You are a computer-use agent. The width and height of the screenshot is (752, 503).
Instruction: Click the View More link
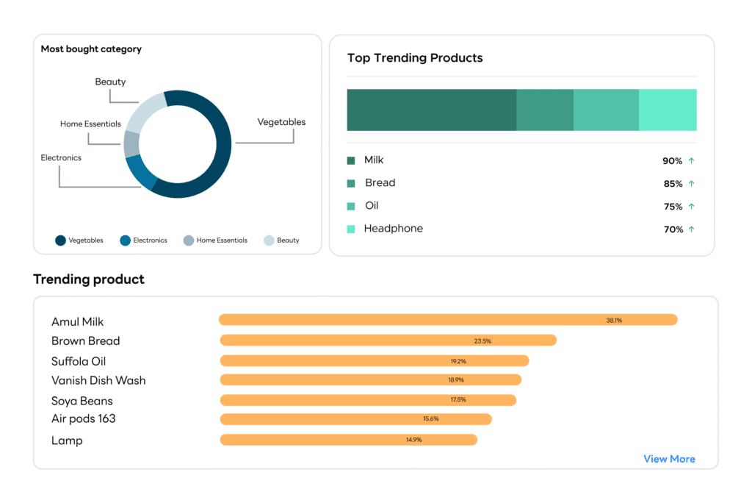pyautogui.click(x=669, y=459)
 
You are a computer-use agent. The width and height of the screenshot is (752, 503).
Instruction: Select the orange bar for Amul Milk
pyautogui.click(x=448, y=320)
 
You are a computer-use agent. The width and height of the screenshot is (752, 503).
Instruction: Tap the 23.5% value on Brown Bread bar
pyautogui.click(x=482, y=340)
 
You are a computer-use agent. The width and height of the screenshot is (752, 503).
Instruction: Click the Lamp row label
pyautogui.click(x=67, y=440)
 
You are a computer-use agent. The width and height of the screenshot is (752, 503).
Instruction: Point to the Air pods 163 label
pyautogui.click(x=83, y=418)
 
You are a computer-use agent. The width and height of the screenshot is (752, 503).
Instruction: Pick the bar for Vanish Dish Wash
pyautogui.click(x=371, y=380)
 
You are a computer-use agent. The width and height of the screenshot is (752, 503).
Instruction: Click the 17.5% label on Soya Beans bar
pyautogui.click(x=458, y=400)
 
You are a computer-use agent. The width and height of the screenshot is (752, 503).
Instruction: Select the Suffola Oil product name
pyautogui.click(x=79, y=361)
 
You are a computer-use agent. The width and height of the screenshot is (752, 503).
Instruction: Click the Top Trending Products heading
pyautogui.click(x=415, y=58)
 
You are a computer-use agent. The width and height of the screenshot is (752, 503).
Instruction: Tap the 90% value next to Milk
pyautogui.click(x=672, y=161)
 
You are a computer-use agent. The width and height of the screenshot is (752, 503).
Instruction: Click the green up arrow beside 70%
pyautogui.click(x=691, y=229)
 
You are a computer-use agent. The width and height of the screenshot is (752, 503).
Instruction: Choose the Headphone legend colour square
pyautogui.click(x=351, y=229)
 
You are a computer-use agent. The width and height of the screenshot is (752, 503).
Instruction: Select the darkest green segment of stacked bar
pyautogui.click(x=431, y=110)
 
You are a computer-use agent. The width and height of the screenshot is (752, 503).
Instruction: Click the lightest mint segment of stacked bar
pyautogui.click(x=668, y=110)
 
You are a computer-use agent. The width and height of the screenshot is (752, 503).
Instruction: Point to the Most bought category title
pyautogui.click(x=91, y=49)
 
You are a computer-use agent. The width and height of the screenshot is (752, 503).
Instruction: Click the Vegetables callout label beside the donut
pyautogui.click(x=281, y=122)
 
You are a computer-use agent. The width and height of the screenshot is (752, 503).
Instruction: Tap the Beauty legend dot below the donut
pyautogui.click(x=269, y=240)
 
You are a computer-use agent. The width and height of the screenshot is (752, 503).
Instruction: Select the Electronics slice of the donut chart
pyautogui.click(x=141, y=173)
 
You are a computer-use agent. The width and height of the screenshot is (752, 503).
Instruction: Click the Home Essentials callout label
pyautogui.click(x=90, y=124)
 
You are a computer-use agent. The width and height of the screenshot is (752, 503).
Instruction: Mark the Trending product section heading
pyautogui.click(x=89, y=279)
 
